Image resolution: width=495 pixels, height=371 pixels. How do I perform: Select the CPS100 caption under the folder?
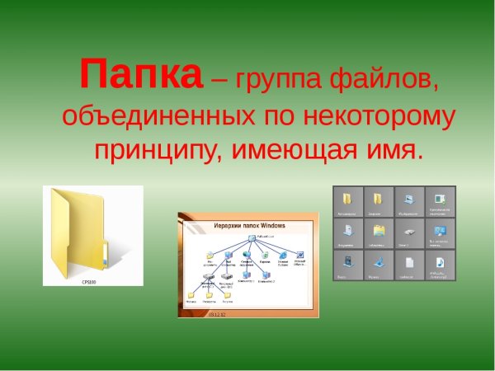pos(88,280)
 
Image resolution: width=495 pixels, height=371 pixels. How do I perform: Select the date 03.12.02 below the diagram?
pos(218,314)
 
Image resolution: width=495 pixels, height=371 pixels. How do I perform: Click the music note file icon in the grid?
pos(439,263)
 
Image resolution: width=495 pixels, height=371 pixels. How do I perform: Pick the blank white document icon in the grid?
pos(408,263)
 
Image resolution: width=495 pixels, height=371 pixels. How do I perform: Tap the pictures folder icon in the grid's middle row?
pos(379,231)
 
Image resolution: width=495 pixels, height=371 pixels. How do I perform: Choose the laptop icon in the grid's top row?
pos(408,199)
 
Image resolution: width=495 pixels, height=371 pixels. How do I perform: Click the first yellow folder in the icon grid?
pos(348,199)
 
